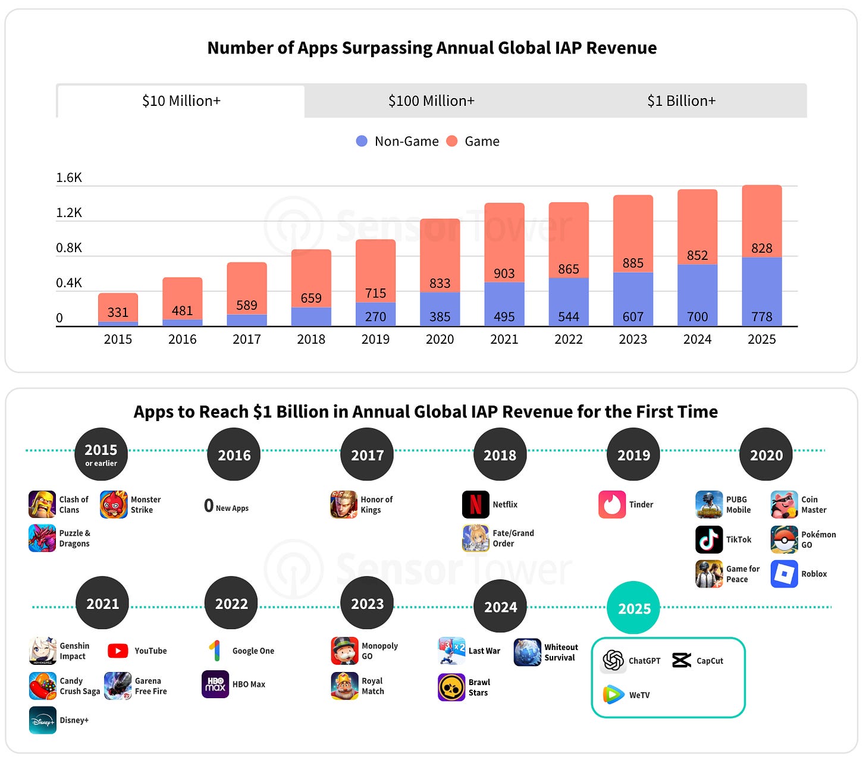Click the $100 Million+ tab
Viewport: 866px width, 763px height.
(x=431, y=101)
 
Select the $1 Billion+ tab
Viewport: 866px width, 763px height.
(x=682, y=101)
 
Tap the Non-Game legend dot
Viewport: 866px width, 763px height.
(x=362, y=141)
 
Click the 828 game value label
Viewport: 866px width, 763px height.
(x=762, y=248)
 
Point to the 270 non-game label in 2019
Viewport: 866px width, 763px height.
(x=375, y=317)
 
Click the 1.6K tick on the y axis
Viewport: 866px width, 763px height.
(x=69, y=177)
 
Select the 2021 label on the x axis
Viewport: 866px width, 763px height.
(x=504, y=340)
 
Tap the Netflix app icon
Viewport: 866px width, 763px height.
(x=476, y=504)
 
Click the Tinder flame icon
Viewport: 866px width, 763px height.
(x=611, y=504)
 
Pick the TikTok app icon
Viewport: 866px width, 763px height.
(x=709, y=539)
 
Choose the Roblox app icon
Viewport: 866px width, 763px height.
(x=785, y=574)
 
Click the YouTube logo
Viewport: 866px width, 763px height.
(x=118, y=651)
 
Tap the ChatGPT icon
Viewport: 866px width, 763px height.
(x=613, y=660)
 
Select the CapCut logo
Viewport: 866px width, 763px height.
(x=682, y=660)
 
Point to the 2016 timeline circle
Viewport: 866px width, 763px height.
(x=234, y=454)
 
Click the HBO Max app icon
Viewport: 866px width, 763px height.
(x=215, y=684)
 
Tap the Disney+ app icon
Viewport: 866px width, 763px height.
(x=43, y=720)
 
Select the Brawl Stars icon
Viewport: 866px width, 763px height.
(x=451, y=687)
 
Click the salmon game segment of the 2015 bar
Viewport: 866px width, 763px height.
(x=118, y=307)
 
